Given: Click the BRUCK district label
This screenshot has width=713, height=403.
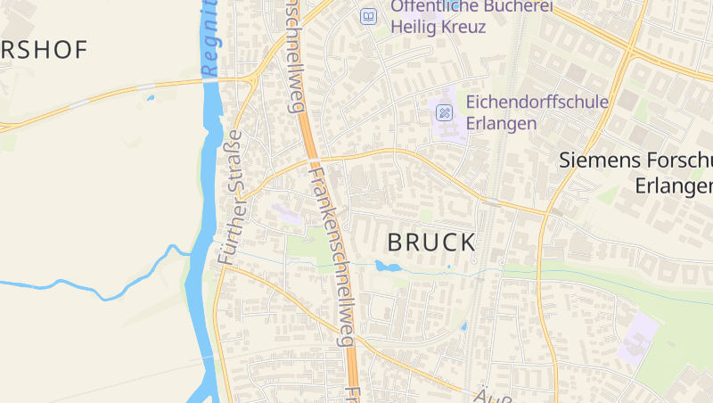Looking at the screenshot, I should click(x=431, y=242).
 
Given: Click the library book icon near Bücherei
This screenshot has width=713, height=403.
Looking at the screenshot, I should click(x=368, y=16).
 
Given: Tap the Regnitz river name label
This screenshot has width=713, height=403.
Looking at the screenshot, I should click(x=210, y=40).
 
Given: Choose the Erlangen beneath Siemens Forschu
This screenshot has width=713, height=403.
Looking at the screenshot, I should click(x=675, y=185).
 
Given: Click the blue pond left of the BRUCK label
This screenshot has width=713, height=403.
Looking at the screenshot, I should click(x=388, y=266).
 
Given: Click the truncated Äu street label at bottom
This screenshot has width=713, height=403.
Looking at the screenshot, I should click(x=486, y=394).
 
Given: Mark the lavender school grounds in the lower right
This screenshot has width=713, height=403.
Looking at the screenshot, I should click(x=638, y=337).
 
